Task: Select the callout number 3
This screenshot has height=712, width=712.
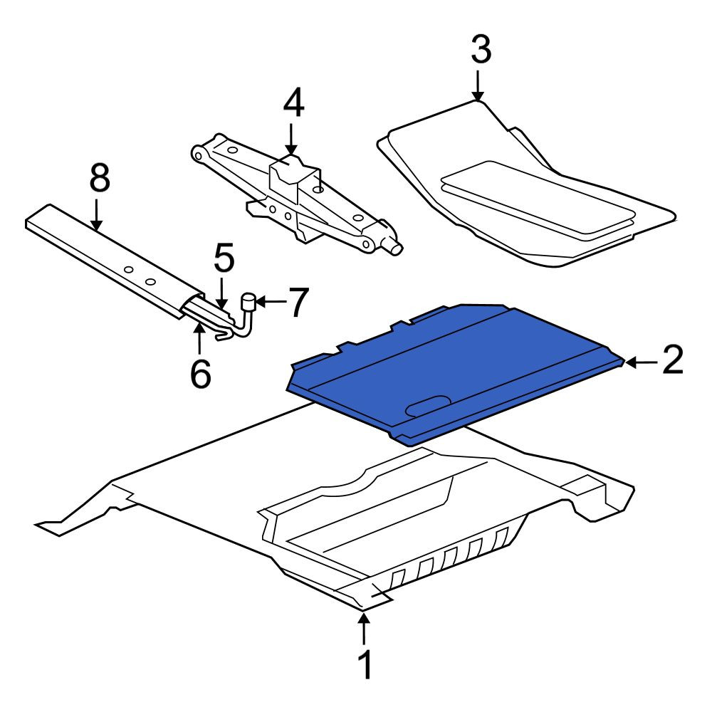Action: coord(481,50)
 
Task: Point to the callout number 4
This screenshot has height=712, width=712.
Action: coord(293,103)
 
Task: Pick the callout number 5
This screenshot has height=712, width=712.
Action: coord(224,258)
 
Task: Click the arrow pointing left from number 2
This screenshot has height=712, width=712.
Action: coord(642,362)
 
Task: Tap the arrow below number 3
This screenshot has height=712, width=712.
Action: coord(477,85)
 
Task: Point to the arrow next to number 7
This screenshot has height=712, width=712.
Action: coord(271,300)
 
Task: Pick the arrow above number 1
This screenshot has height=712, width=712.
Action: coord(363,629)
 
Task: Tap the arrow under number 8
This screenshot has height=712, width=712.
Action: coord(96,213)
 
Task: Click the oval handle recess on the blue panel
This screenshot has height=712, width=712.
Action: coord(428,406)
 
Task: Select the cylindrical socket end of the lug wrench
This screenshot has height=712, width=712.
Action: coord(249,301)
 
